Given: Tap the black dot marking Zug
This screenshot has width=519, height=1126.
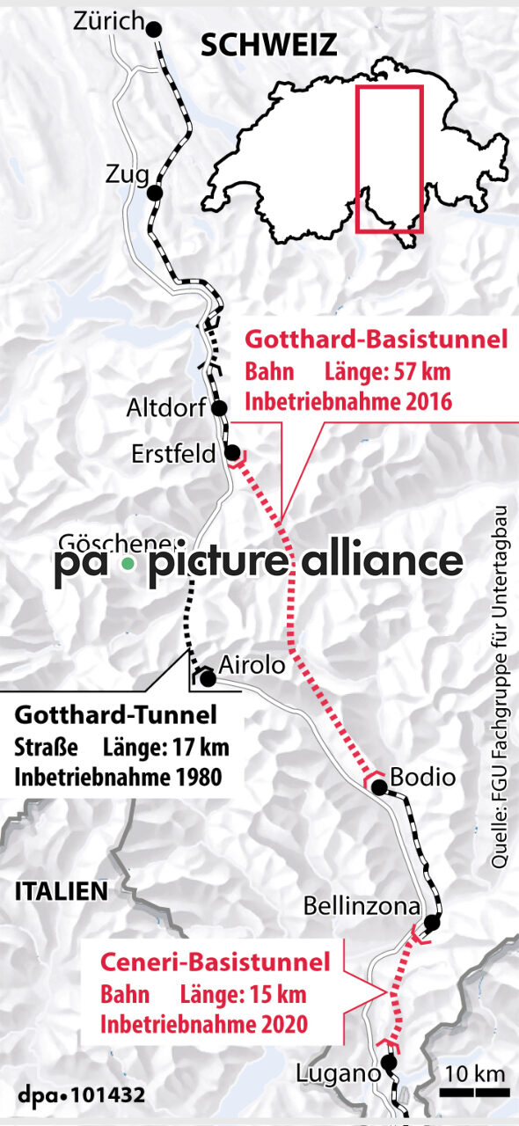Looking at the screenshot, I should click(155, 193).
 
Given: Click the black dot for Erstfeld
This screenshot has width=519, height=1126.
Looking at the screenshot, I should click(233, 454).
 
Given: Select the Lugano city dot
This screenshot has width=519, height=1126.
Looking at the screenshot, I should click(389, 1063).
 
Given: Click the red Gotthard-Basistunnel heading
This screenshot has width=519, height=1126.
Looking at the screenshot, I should click(376, 340).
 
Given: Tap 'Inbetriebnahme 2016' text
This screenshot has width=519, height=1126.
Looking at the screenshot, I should click(347, 403).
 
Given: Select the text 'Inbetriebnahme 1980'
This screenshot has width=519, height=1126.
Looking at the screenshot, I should click(117, 778).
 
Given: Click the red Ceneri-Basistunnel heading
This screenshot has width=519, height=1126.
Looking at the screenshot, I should click(216, 961).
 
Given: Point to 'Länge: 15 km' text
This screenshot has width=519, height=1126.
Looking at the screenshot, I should click(243, 995).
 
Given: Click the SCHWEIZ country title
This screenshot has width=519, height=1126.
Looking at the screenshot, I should click(268, 46).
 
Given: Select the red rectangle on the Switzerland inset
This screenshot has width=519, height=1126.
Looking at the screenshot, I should click(389, 158).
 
